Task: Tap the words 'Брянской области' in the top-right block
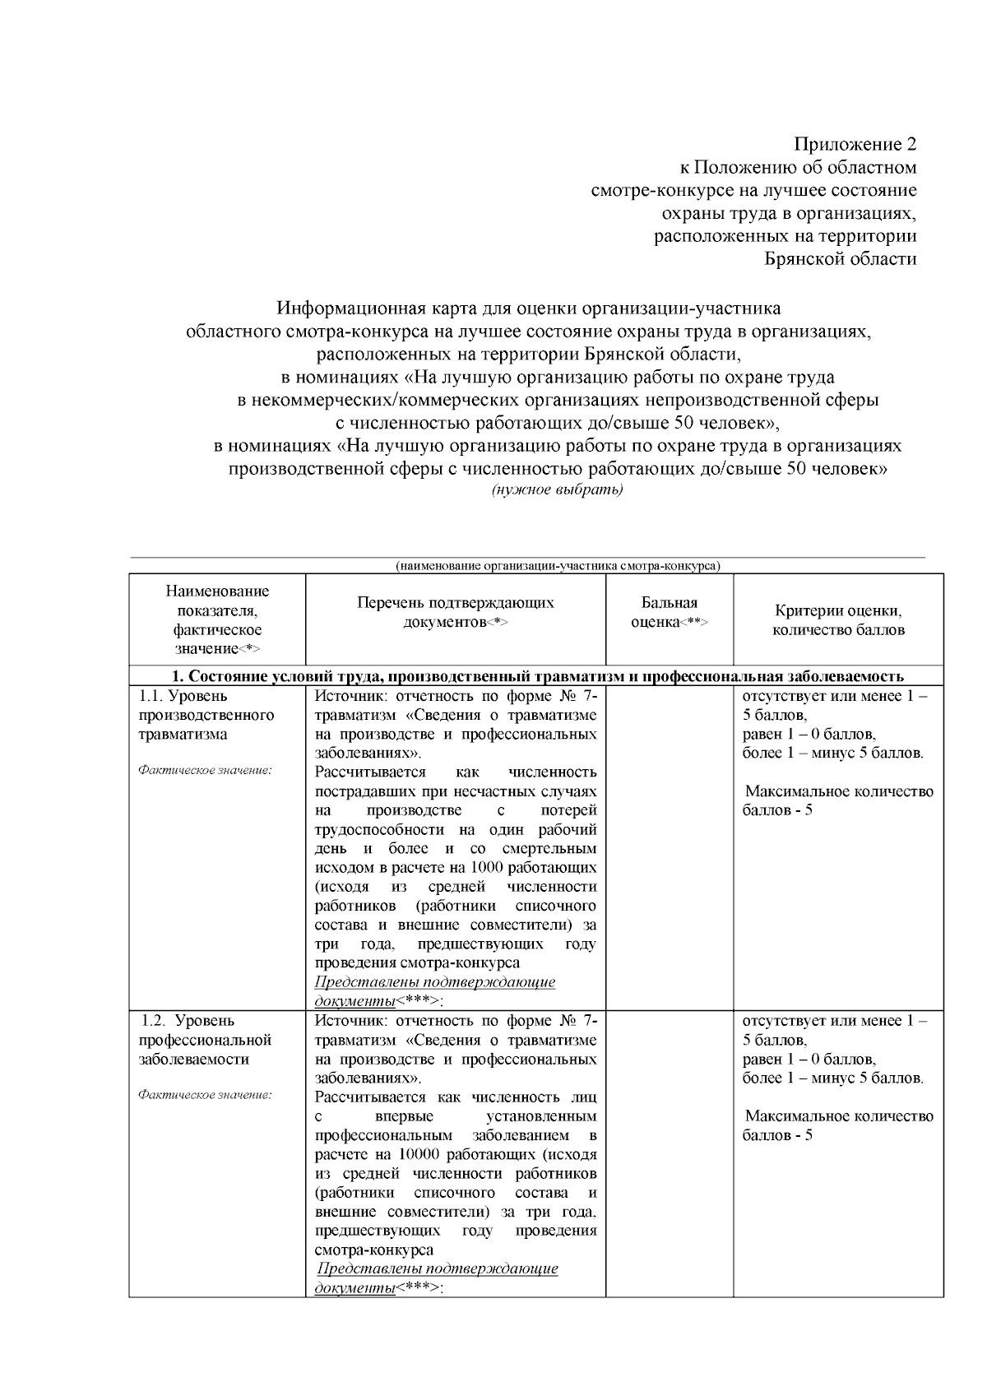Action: pos(840,259)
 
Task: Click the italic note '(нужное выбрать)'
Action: pos(557,490)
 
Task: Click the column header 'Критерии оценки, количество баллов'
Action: pos(838,621)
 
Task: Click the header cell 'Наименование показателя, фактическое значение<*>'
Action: pos(217,619)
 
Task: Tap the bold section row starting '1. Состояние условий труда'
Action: pos(541,676)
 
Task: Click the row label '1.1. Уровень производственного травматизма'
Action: pos(206,715)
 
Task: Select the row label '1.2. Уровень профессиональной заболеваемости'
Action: pos(206,1040)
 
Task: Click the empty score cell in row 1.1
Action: pos(669,847)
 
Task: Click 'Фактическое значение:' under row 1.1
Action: pos(205,770)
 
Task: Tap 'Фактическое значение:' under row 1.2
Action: pos(205,1095)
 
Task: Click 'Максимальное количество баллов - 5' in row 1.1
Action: pos(838,800)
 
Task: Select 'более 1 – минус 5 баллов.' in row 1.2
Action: pos(832,1078)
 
